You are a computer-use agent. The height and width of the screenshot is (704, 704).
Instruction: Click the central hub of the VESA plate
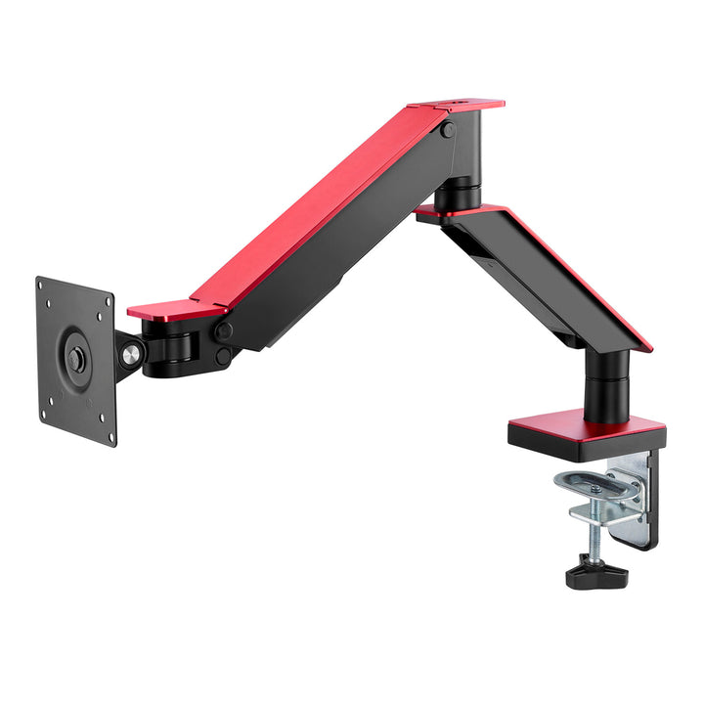(x=76, y=359)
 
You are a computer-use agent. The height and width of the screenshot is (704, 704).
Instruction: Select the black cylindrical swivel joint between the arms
(x=457, y=191)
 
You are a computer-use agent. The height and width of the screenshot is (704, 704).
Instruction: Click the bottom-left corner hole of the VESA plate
(x=44, y=412)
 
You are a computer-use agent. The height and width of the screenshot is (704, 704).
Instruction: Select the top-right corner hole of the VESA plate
(x=105, y=304)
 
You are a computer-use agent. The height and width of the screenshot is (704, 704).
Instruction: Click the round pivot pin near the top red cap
(x=446, y=130)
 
